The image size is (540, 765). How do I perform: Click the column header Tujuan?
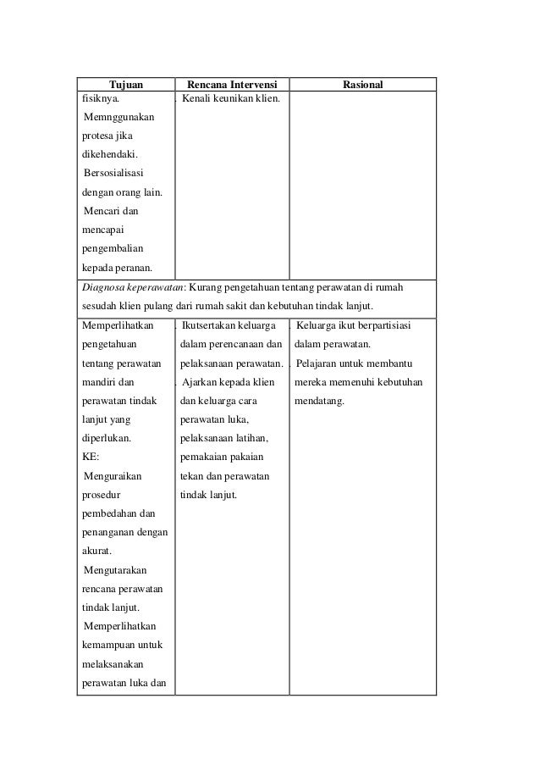125,85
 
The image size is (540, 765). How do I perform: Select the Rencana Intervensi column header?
231,85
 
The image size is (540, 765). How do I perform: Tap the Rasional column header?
362,85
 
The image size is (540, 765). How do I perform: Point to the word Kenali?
196,99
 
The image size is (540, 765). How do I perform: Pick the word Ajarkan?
200,382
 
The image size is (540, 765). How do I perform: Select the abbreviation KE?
91,457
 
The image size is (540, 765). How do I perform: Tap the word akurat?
96,551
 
